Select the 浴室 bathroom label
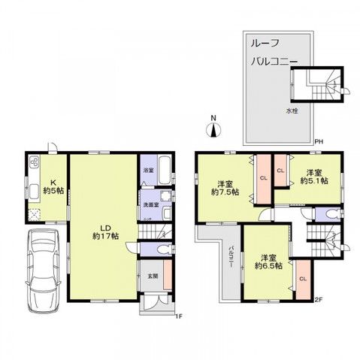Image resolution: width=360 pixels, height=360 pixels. coord(148,171)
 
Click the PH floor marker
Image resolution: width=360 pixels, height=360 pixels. coord(319,141)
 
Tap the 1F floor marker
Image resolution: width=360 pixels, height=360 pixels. coord(178,316)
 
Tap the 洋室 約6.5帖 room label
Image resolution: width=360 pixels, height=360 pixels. coord(268,260)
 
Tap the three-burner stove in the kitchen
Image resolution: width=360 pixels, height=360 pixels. coord(34,164)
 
